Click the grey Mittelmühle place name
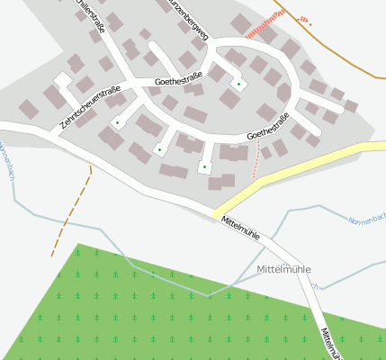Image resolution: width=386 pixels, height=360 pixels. point(283,269)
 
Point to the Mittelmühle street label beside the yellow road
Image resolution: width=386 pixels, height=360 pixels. point(240,228)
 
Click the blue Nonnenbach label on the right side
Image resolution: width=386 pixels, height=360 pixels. point(366,219)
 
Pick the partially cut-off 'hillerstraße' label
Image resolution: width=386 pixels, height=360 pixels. point(91,16)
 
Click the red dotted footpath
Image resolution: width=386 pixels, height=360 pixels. point(257,160)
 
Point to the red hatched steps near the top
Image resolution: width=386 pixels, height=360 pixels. point(269,32)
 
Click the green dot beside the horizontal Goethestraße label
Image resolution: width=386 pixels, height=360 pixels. point(238,85)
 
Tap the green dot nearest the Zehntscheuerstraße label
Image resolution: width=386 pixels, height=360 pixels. point(117,121)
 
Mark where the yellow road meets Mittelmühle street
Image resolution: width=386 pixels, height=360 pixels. point(219,213)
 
